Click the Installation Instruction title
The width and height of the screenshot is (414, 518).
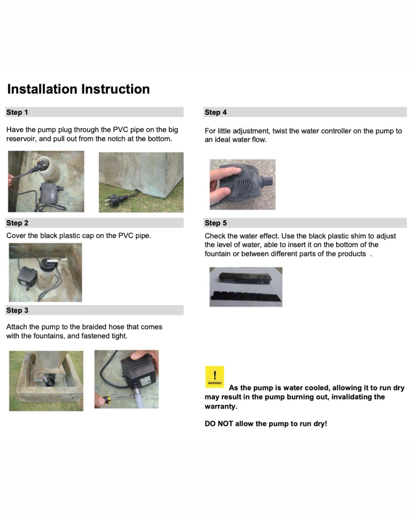(78, 89)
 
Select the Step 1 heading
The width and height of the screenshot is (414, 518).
(17, 112)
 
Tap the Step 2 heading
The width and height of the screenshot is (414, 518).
(17, 223)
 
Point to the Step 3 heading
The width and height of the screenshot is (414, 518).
(17, 310)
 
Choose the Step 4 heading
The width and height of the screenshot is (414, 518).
(215, 112)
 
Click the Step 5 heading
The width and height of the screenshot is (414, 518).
(215, 223)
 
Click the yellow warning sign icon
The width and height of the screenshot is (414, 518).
(214, 377)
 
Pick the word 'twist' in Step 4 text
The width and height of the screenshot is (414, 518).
(279, 131)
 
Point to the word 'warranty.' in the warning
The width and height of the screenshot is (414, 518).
(221, 407)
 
